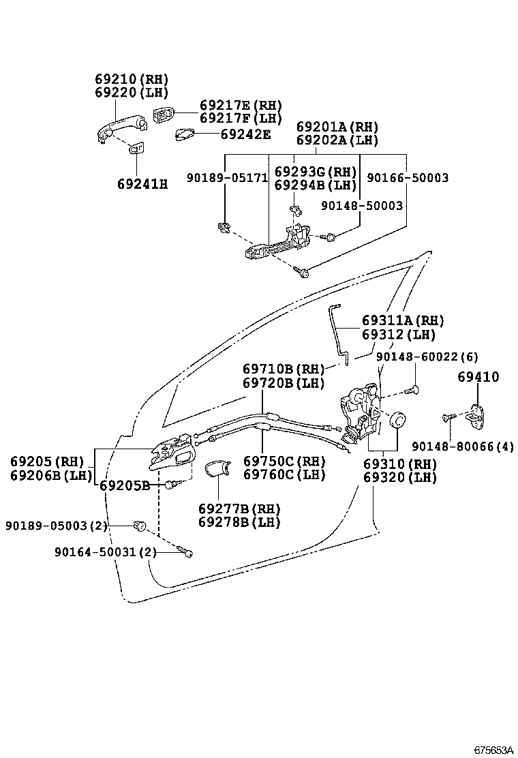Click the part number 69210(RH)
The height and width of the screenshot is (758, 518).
132,79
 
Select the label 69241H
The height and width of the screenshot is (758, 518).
142,183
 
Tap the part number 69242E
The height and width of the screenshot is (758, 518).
245,134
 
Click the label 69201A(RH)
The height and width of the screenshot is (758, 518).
337,127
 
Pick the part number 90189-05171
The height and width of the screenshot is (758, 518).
227,179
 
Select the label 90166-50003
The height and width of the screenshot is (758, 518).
408,178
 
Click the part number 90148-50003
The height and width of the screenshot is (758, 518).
361,205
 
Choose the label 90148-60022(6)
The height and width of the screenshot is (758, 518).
427,357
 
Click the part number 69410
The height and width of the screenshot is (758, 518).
478,377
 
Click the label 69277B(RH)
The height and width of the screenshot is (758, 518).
239,509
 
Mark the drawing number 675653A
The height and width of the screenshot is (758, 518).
493,750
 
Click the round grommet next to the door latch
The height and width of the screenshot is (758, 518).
397,419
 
